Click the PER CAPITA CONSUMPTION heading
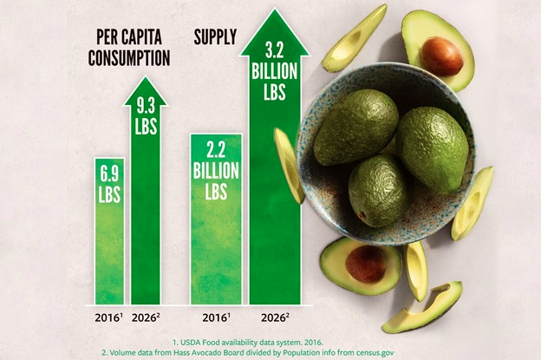tap(131, 49)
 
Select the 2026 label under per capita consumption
tap(145, 316)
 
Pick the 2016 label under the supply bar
tap(216, 316)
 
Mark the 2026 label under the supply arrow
tap(274, 316)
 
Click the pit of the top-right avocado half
tap(442, 56)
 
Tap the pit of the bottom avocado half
tap(366, 263)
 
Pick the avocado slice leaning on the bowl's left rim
tap(289, 165)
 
